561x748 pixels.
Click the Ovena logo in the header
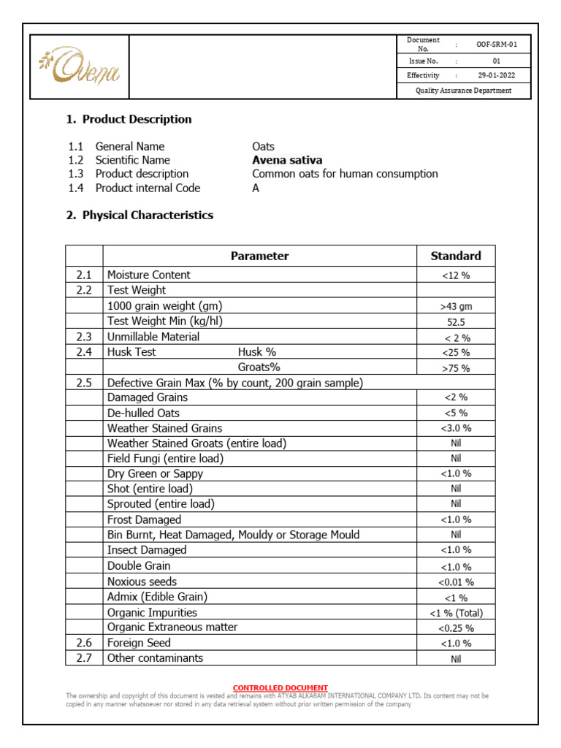tap(78, 67)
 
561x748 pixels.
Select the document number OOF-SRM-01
tap(497, 45)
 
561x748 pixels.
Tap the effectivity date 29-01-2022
tap(497, 75)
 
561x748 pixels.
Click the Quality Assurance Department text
tap(463, 91)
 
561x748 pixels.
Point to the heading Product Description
tap(137, 119)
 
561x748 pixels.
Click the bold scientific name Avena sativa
tap(287, 160)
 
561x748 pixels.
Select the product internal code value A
tap(256, 188)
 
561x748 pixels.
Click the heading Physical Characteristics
tap(148, 215)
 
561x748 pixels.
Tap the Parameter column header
tap(259, 256)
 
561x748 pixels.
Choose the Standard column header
tap(456, 256)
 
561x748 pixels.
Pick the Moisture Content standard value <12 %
tap(456, 275)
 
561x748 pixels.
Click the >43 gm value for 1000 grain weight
tap(456, 306)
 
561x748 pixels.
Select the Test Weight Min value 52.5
tap(456, 321)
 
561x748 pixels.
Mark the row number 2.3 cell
tap(84, 337)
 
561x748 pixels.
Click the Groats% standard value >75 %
tap(456, 368)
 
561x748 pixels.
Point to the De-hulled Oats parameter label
tap(143, 413)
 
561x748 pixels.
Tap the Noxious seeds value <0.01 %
tap(456, 582)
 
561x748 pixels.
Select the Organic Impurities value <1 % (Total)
tap(456, 613)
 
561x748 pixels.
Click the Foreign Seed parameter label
tap(139, 643)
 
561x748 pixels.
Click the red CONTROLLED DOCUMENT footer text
tap(280, 688)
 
